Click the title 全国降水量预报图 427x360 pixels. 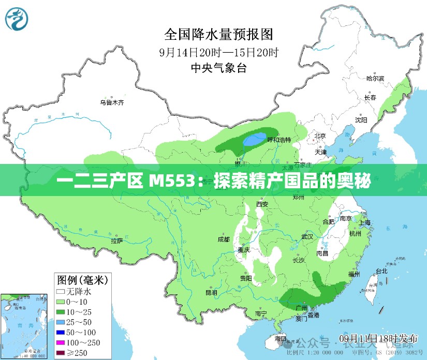click(x=218, y=34)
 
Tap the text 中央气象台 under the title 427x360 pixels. click(x=218, y=67)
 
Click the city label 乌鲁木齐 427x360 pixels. click(x=112, y=102)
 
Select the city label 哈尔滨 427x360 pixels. click(x=375, y=79)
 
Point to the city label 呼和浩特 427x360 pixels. click(x=278, y=140)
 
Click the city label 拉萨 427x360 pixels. click(x=116, y=241)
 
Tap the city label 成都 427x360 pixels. click(x=224, y=239)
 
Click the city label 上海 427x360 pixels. click(x=364, y=222)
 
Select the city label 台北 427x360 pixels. click(x=382, y=271)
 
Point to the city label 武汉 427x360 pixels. click(x=307, y=236)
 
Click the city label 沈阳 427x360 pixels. click(x=361, y=120)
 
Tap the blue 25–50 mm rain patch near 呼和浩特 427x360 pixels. click(x=252, y=140)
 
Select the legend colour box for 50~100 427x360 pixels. click(x=61, y=332)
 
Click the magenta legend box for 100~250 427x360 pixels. click(x=61, y=342)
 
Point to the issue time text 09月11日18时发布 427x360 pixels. click(x=378, y=338)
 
